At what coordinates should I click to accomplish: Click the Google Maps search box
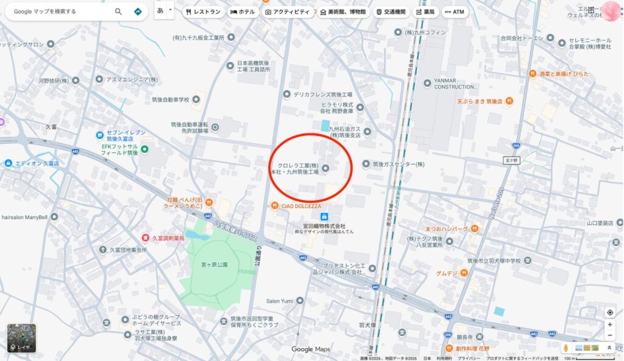[61, 12]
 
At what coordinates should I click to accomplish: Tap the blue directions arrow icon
[138, 12]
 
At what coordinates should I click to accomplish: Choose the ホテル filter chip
[243, 12]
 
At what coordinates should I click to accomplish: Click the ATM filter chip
[455, 12]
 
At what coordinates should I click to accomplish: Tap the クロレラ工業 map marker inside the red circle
[325, 168]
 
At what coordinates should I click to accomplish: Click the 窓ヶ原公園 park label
[214, 265]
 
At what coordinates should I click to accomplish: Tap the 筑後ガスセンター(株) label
[397, 164]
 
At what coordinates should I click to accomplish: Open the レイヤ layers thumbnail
[21, 337]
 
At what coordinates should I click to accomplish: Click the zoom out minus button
[609, 336]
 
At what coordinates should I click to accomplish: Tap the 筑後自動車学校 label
[171, 99]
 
